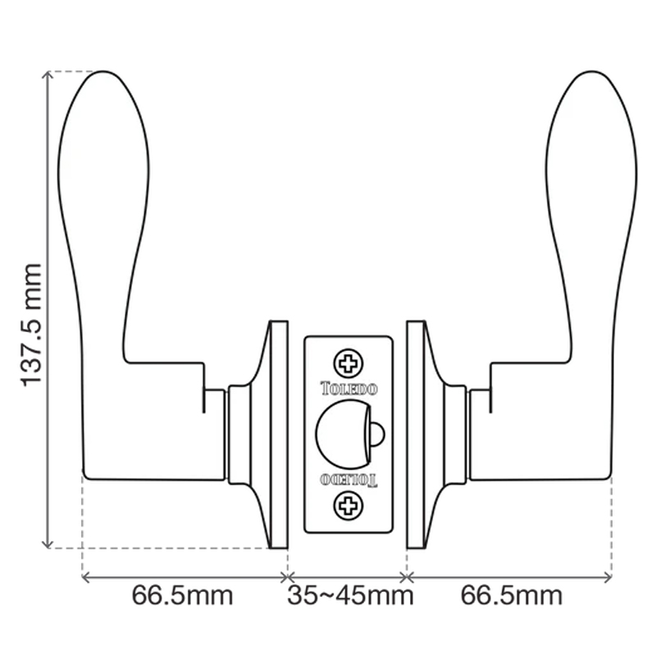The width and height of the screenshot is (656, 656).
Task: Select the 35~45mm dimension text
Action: click(x=349, y=594)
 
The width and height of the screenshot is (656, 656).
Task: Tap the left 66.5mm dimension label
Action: click(x=182, y=594)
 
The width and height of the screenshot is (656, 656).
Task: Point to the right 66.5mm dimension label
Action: click(x=512, y=594)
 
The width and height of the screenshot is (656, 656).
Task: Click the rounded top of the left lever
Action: click(x=102, y=78)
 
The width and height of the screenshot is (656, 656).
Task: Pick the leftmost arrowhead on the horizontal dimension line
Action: click(x=86, y=577)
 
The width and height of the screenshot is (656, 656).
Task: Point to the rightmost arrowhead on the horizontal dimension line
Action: click(x=608, y=577)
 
